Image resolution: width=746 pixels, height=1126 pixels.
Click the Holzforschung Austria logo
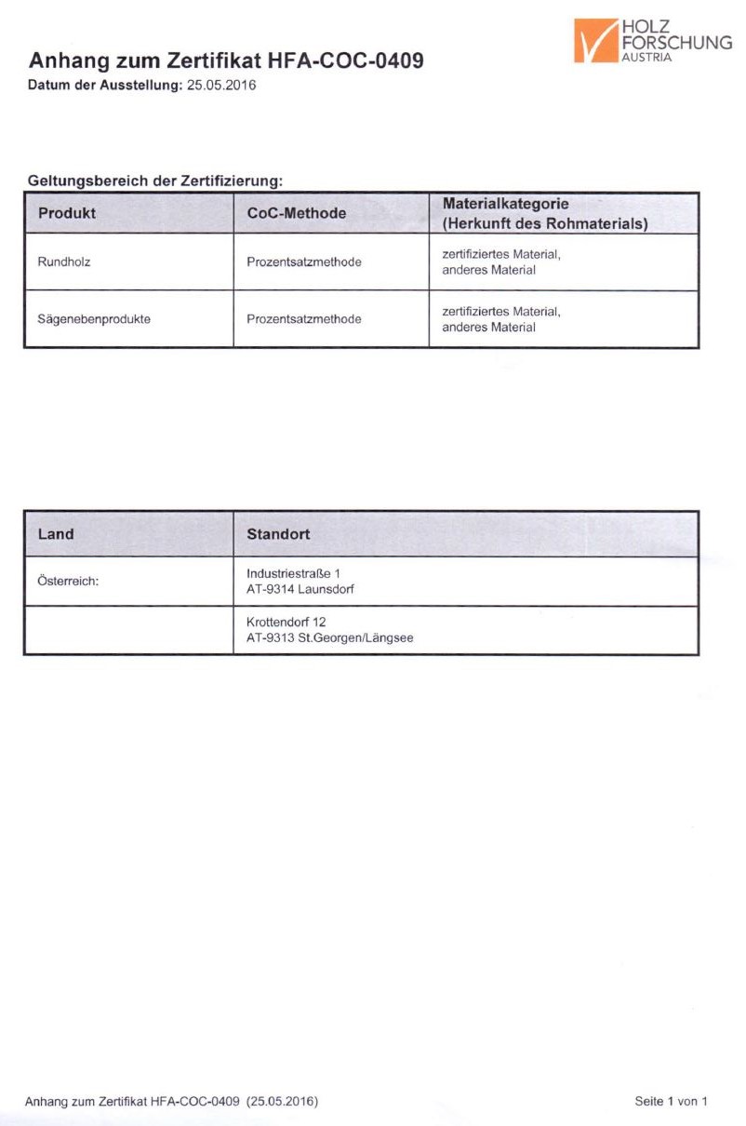click(652, 40)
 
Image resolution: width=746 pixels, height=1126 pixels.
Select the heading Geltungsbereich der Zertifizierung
click(154, 180)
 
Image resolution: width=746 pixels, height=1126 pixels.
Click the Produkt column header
click(67, 213)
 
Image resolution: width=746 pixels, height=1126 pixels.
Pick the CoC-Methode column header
click(297, 213)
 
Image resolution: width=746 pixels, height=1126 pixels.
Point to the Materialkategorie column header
click(544, 214)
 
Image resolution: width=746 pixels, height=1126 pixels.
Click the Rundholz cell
click(64, 261)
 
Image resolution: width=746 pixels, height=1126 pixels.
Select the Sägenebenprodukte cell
click(94, 318)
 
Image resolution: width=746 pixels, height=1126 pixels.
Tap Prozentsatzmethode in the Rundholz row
click(304, 261)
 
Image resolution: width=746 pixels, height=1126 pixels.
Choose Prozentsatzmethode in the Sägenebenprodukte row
click(304, 318)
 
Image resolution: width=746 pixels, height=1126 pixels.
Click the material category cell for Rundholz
click(501, 261)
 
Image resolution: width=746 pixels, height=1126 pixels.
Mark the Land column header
click(56, 534)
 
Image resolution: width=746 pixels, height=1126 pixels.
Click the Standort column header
click(278, 534)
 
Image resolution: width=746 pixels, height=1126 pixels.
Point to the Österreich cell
click(68, 581)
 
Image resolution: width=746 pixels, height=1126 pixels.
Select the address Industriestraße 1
click(293, 572)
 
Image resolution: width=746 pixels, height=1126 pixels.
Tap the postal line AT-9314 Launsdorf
click(300, 589)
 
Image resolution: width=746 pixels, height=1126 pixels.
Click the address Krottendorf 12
click(286, 621)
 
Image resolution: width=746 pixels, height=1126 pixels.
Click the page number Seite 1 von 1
click(671, 1101)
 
